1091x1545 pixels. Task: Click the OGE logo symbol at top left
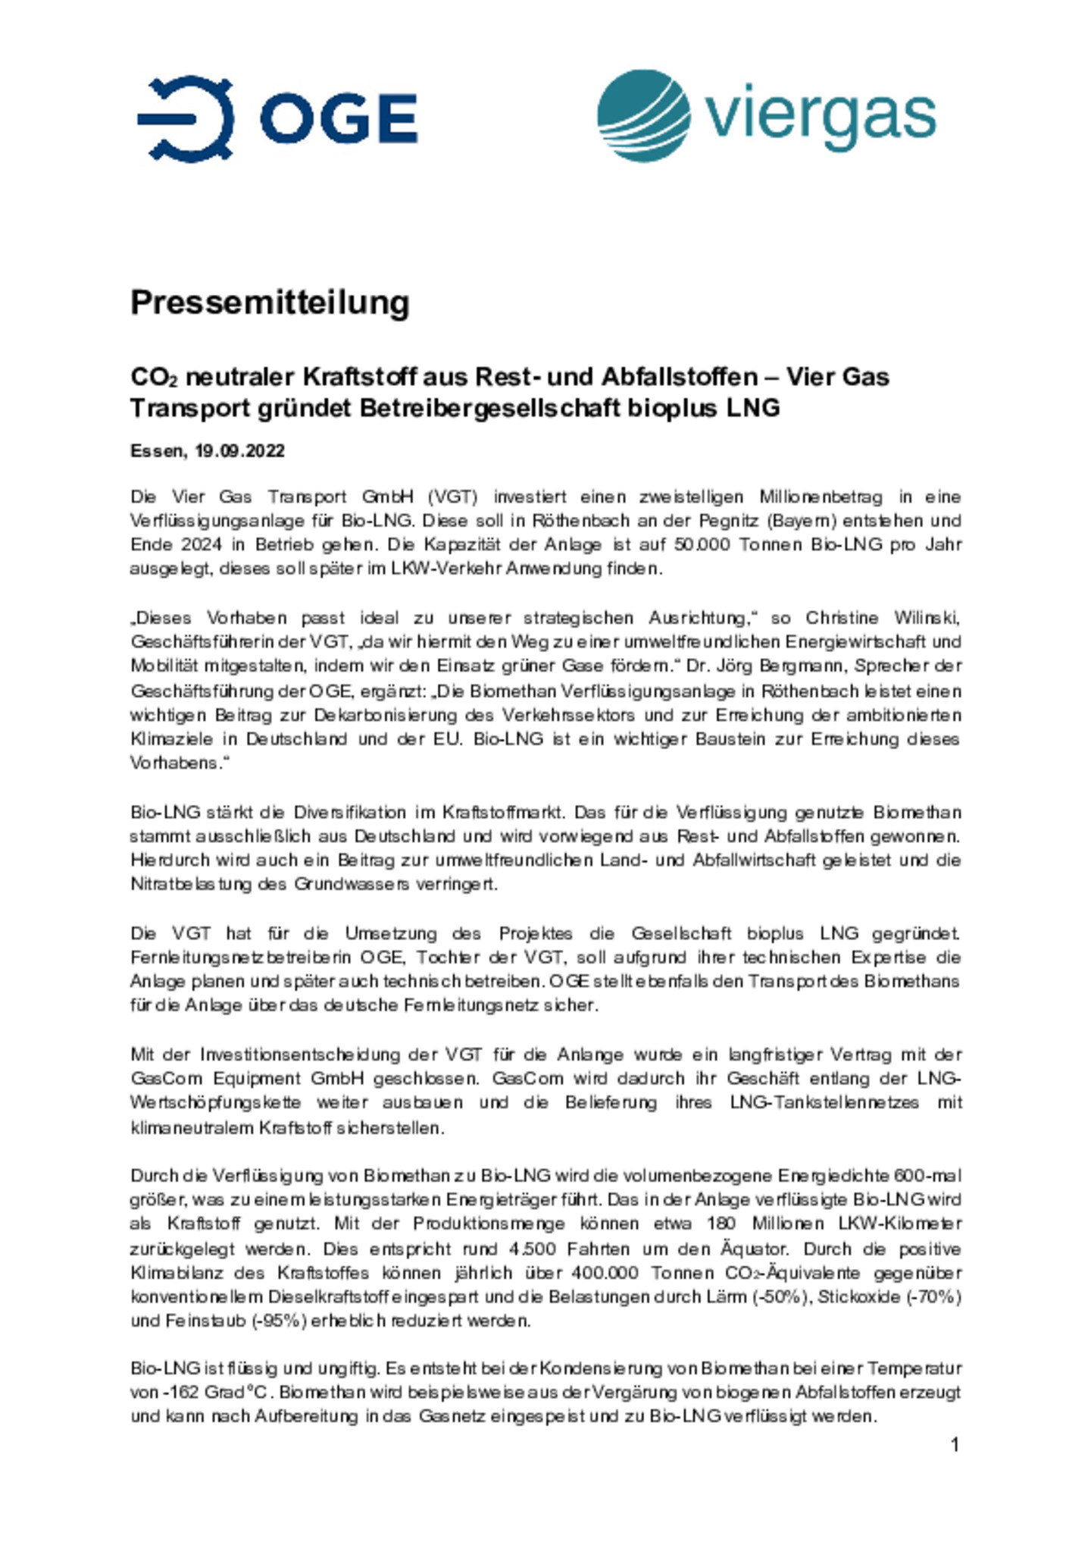(x=186, y=118)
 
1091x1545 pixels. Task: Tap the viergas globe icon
(x=643, y=115)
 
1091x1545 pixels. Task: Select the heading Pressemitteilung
(x=270, y=302)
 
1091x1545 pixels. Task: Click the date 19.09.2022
(x=239, y=451)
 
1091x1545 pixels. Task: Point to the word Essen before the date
(x=157, y=451)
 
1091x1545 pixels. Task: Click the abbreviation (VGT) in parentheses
(x=452, y=497)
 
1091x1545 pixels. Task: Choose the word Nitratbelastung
(x=190, y=884)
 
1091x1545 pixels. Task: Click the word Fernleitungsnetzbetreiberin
(x=233, y=957)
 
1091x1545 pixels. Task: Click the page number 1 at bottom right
(x=955, y=1444)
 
